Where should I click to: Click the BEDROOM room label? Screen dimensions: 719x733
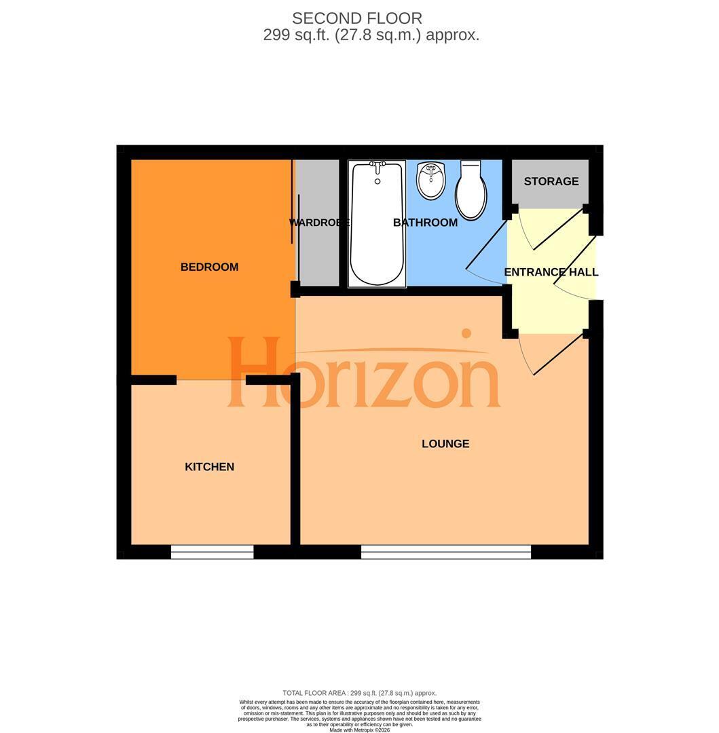[209, 267]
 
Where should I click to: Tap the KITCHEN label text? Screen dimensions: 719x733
[209, 466]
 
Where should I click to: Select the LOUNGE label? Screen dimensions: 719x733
[445, 444]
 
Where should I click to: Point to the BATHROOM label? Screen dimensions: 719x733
[426, 223]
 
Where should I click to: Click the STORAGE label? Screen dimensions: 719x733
[551, 181]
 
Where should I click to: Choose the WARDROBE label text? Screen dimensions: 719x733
[319, 223]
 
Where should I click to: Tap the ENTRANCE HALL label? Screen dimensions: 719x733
[551, 272]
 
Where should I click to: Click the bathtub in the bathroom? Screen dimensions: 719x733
[377, 224]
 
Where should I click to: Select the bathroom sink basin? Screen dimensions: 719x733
[431, 181]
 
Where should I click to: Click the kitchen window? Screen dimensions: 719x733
[213, 552]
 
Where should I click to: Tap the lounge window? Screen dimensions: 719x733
[446, 552]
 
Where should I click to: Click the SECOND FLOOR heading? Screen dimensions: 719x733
[357, 18]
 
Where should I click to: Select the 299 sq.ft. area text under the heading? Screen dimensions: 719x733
[371, 35]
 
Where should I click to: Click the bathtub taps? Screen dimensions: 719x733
[377, 165]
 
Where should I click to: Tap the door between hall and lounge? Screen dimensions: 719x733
[552, 354]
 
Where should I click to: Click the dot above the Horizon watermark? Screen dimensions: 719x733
[466, 333]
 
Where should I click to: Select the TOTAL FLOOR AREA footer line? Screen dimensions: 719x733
[360, 693]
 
